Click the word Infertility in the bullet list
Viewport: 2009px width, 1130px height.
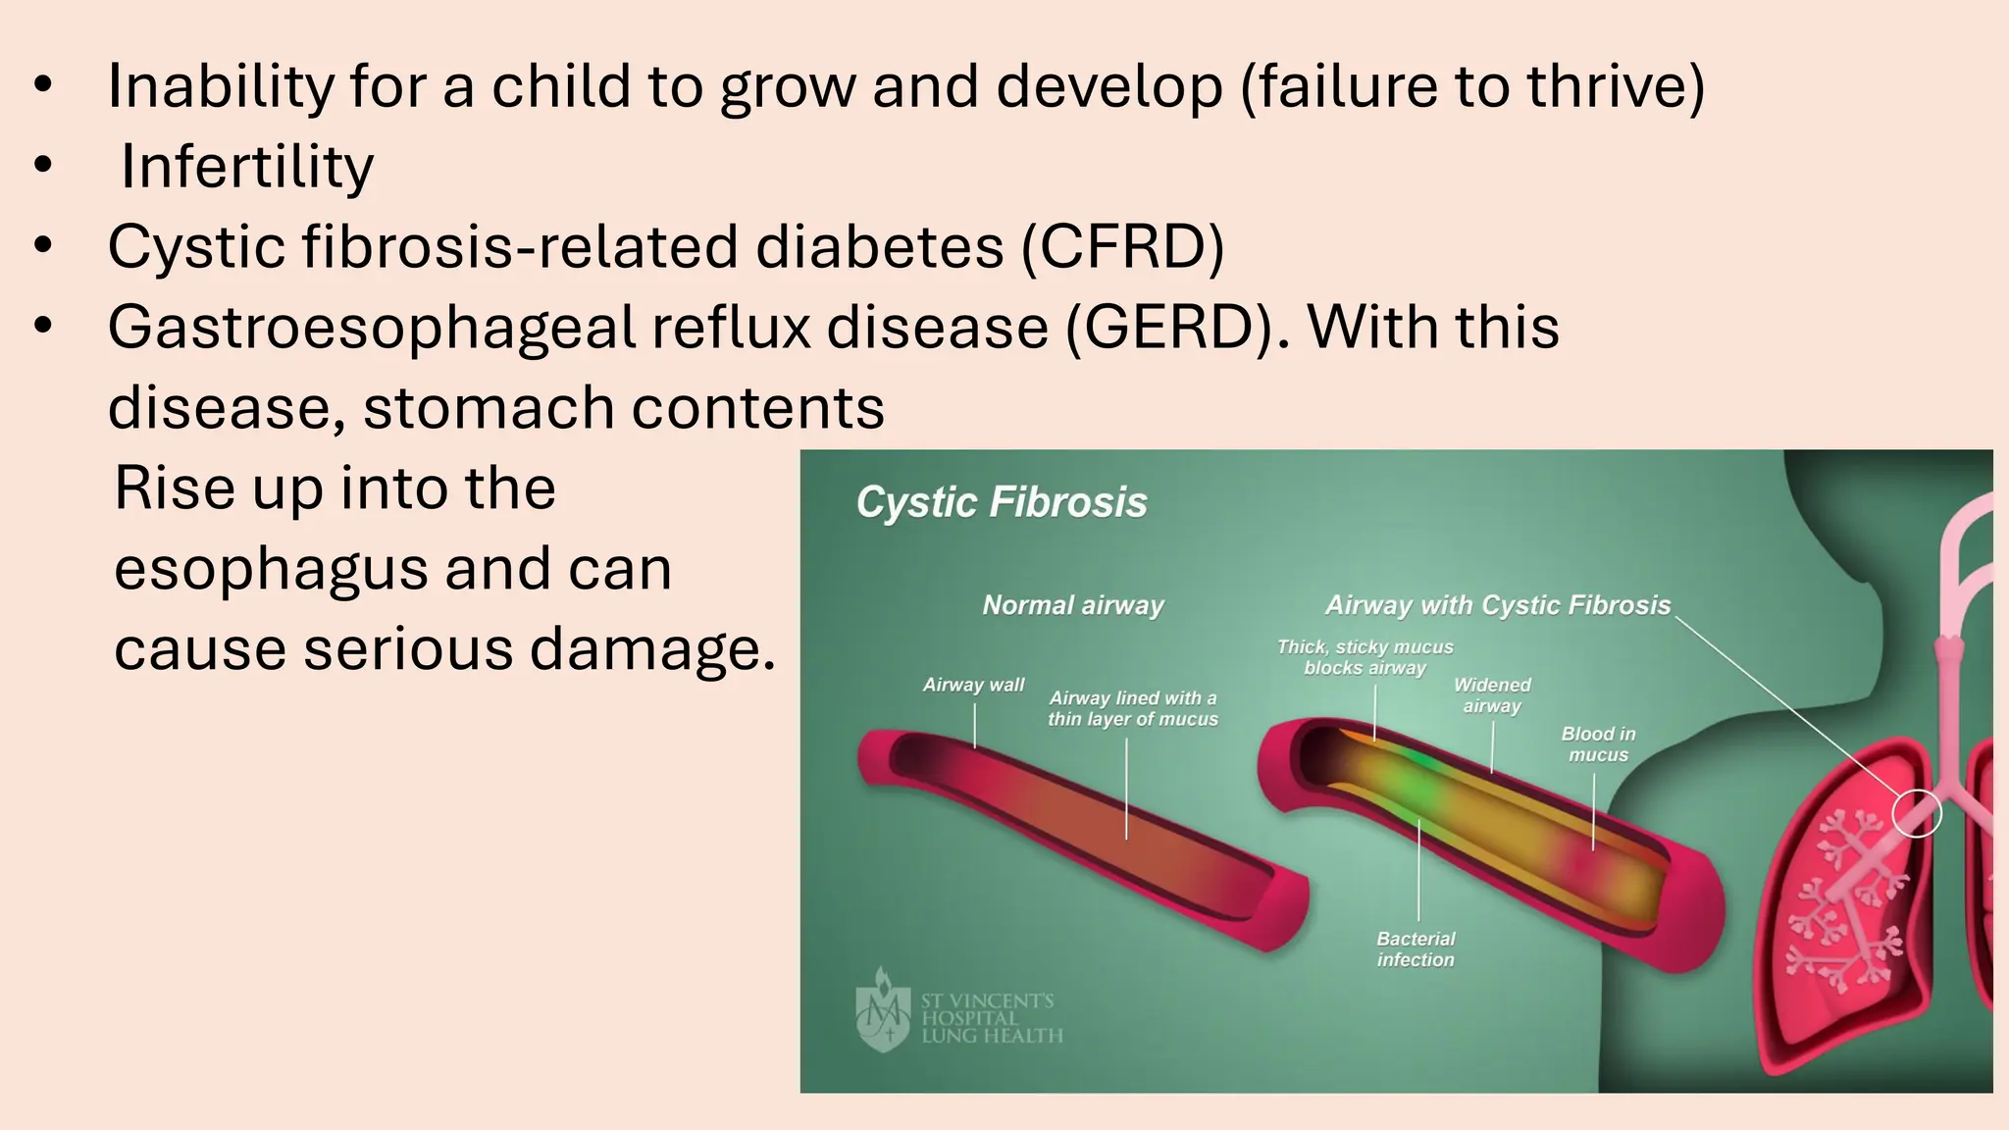tap(246, 167)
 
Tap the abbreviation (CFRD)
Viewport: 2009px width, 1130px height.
tap(1123, 246)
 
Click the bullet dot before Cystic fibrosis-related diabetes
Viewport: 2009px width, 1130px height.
tap(42, 246)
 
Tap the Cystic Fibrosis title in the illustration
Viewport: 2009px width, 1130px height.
tap(1002, 502)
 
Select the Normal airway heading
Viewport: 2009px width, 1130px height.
tap(1073, 605)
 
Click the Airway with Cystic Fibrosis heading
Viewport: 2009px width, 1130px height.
tap(1498, 605)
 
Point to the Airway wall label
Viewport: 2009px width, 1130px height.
tap(973, 685)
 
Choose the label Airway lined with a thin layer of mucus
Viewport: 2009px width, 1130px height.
tap(1133, 708)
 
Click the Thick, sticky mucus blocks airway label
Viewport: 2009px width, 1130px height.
tap(1365, 657)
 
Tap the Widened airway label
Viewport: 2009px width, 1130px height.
tap(1492, 695)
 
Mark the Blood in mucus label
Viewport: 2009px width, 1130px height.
tap(1598, 745)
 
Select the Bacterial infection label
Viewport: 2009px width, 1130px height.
tap(1416, 950)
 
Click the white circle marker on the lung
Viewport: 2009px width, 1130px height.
tap(1917, 813)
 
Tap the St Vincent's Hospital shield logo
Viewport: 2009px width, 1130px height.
tap(884, 1010)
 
